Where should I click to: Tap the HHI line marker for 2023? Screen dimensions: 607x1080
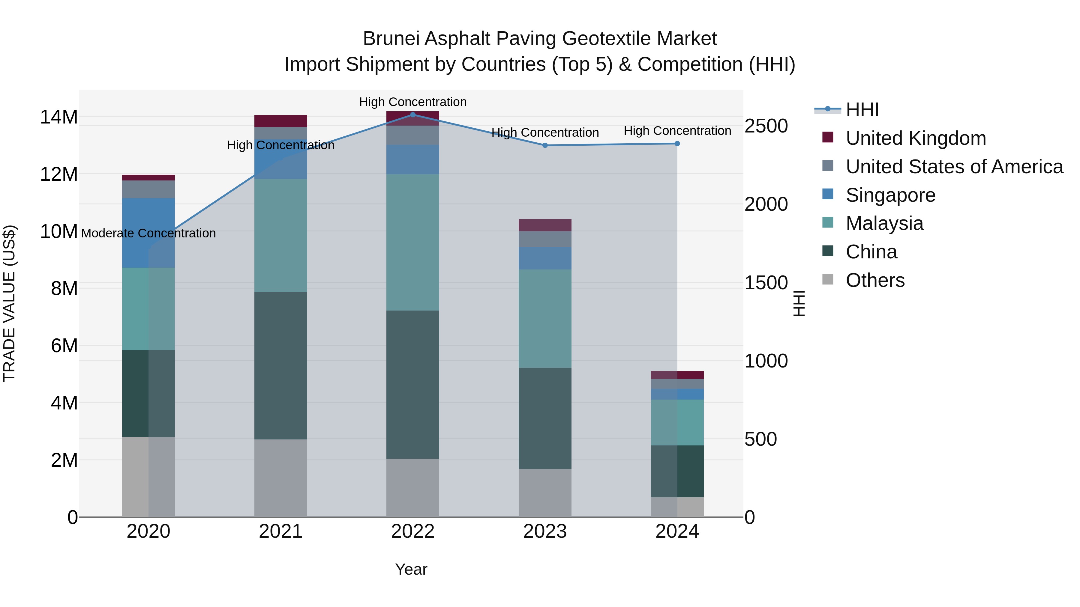pos(545,145)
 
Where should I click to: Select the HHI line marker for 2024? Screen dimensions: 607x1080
pos(677,144)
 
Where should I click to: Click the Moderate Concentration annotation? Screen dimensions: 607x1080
pos(148,233)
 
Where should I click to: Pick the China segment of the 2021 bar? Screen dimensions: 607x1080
pos(280,365)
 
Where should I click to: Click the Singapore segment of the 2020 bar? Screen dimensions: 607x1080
pos(148,233)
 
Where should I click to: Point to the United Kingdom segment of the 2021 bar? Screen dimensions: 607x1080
pos(280,121)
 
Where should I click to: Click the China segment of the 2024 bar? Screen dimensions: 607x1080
pos(677,471)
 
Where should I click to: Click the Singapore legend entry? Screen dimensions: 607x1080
pos(890,195)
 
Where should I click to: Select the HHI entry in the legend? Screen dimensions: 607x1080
pos(862,110)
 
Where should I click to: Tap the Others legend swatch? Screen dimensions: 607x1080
pos(828,279)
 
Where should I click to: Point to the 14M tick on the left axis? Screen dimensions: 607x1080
pos(59,117)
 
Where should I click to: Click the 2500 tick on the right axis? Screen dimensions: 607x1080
pos(766,126)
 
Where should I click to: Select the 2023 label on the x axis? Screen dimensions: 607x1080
pos(545,531)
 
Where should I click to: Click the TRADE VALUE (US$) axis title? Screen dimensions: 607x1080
pos(9,303)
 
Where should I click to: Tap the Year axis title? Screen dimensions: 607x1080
pos(411,569)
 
